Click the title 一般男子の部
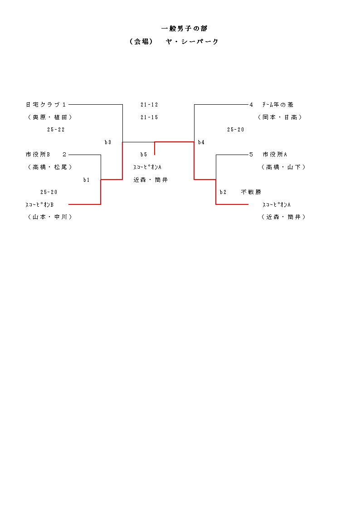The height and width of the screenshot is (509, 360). click(x=184, y=29)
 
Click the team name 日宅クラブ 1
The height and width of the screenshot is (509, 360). click(x=46, y=105)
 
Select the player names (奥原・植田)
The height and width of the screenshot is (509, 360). click(x=49, y=117)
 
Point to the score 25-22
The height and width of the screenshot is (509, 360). click(x=56, y=130)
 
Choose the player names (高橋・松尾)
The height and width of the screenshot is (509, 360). click(x=49, y=167)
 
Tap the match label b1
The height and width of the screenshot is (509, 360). click(x=86, y=180)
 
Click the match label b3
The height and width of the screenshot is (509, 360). click(x=108, y=142)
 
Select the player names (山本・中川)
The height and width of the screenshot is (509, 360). click(x=49, y=217)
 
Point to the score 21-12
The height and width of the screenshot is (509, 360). click(x=149, y=105)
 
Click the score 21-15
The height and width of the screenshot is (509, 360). click(x=149, y=117)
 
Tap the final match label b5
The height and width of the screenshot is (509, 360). click(x=144, y=155)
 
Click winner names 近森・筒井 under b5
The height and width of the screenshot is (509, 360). click(x=151, y=180)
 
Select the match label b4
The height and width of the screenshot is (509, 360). click(x=201, y=142)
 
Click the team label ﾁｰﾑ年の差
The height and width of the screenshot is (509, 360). click(x=277, y=105)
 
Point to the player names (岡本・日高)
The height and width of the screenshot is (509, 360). click(x=280, y=117)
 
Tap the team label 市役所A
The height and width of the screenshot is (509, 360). click(x=275, y=155)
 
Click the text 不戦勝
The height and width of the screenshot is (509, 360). click(x=251, y=192)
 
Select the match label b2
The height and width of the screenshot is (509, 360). click(x=223, y=192)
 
